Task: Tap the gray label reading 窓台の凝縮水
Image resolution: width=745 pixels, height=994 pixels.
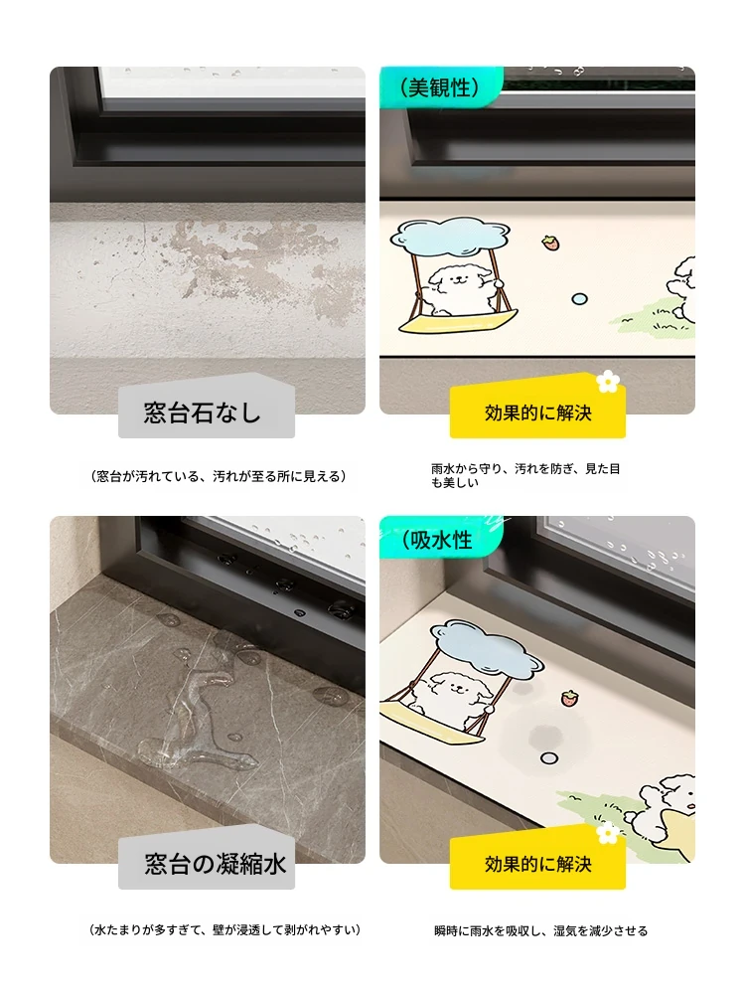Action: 206,860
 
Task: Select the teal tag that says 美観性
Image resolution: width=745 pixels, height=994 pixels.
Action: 441,86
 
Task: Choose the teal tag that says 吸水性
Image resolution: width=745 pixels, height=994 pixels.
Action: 441,539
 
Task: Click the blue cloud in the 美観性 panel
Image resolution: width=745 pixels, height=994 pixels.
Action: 450,234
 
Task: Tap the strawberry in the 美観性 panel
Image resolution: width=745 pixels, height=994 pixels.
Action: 550,243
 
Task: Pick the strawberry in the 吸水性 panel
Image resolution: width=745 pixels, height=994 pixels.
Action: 570,698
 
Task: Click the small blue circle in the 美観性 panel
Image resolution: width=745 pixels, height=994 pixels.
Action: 579,298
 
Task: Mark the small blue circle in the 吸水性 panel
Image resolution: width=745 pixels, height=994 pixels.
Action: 549,758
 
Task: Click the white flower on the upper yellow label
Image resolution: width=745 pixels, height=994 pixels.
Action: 608,381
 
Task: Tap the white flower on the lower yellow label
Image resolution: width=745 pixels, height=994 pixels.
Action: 608,832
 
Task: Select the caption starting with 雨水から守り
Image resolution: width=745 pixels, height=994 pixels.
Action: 525,475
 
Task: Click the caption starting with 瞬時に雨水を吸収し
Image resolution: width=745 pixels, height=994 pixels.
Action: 540,930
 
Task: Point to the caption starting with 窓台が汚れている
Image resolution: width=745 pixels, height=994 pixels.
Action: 219,476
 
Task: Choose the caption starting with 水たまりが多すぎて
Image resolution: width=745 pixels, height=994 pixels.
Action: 224,930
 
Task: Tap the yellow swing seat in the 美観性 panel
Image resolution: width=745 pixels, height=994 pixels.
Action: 457,321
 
